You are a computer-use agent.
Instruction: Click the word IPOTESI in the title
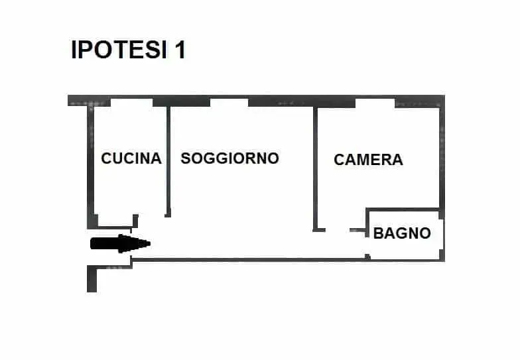(119, 50)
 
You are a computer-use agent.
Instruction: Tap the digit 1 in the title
(180, 50)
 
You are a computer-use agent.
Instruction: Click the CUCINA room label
(131, 158)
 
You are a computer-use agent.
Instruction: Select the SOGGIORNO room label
(229, 158)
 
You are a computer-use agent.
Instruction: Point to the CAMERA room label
(369, 159)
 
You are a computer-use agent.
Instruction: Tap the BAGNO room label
(402, 233)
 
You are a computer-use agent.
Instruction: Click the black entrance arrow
(121, 243)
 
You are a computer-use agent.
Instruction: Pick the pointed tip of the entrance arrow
(151, 244)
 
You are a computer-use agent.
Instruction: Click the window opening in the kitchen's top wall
(131, 101)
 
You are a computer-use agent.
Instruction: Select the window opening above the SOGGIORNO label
(229, 101)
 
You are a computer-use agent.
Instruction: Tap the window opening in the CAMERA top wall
(375, 102)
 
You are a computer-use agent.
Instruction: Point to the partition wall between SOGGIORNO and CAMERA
(316, 169)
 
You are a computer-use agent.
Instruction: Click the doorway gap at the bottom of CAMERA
(338, 229)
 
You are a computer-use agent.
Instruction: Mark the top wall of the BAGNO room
(403, 210)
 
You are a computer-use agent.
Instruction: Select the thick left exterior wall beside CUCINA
(91, 166)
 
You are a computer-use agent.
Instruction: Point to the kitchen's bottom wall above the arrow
(114, 227)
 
